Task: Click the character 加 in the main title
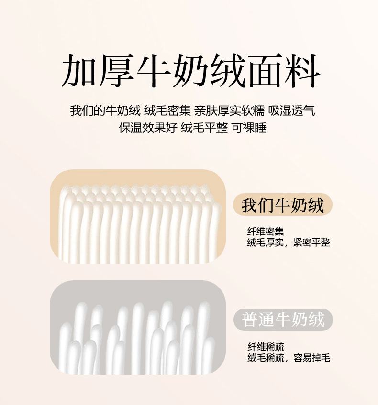tap(79, 70)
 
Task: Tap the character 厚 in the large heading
tap(116, 70)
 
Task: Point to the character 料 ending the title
tap(303, 70)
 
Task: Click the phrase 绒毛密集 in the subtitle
tap(167, 110)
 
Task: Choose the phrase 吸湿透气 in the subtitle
tap(291, 110)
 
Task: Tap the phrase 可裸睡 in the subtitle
tap(249, 128)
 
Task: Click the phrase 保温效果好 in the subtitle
tap(148, 128)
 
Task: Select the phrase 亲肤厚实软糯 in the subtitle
tap(229, 110)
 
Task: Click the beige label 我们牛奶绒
tap(282, 204)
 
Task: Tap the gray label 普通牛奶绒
tap(283, 320)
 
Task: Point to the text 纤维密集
tap(266, 231)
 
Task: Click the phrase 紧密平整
tap(311, 242)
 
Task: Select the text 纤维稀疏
tap(266, 347)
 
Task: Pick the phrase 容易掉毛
tap(312, 358)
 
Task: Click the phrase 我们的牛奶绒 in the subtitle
tap(105, 110)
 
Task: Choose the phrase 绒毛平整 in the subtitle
tap(204, 128)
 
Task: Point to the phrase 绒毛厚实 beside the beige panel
tap(266, 242)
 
